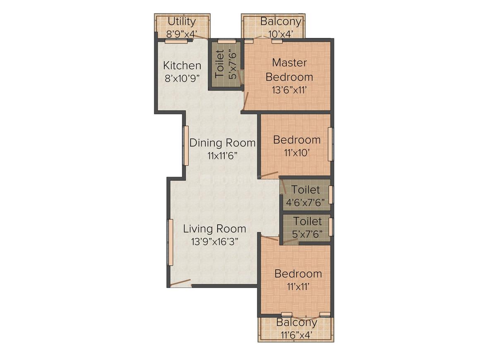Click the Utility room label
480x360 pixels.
[x=182, y=22]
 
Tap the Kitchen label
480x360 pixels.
[x=182, y=65]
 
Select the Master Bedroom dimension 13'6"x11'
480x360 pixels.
[x=289, y=90]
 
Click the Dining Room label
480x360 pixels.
[x=223, y=143]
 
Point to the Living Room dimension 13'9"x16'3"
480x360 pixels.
[x=215, y=242]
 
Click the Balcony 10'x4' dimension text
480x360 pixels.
[x=281, y=34]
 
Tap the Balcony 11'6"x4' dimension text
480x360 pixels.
[x=297, y=335]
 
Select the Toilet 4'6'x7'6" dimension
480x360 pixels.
[x=305, y=202]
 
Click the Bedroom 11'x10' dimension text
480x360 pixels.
[x=297, y=152]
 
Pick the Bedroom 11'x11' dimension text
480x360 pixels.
[x=298, y=286]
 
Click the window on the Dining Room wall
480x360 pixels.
[x=185, y=146]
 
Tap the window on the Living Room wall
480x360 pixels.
[x=170, y=242]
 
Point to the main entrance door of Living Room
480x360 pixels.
[x=180, y=283]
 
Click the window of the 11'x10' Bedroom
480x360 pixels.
[x=330, y=144]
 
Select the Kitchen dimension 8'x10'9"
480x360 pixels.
[x=182, y=78]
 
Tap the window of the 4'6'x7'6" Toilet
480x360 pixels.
[x=331, y=195]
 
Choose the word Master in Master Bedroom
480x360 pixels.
[x=289, y=62]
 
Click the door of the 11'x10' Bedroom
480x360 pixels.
[x=270, y=175]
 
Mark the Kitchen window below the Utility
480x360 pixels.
[x=176, y=41]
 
